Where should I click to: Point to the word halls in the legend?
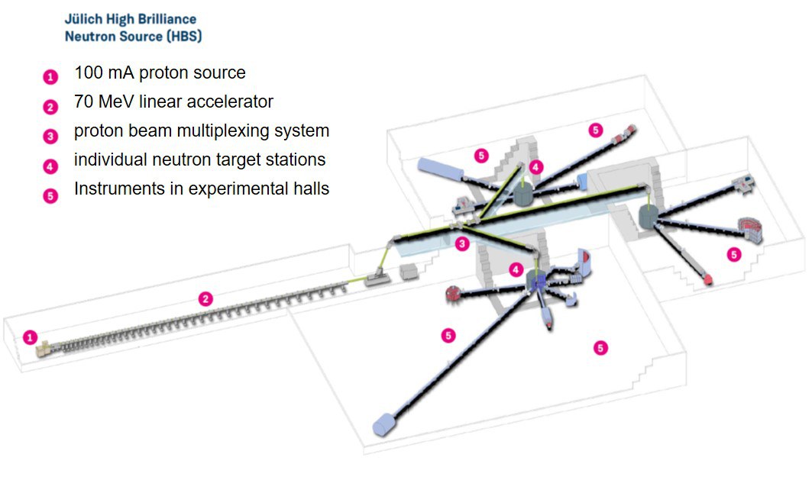[312, 188]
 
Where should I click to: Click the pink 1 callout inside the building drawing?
[30, 337]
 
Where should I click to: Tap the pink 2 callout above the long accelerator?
[205, 298]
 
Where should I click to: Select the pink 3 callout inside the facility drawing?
[461, 244]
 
